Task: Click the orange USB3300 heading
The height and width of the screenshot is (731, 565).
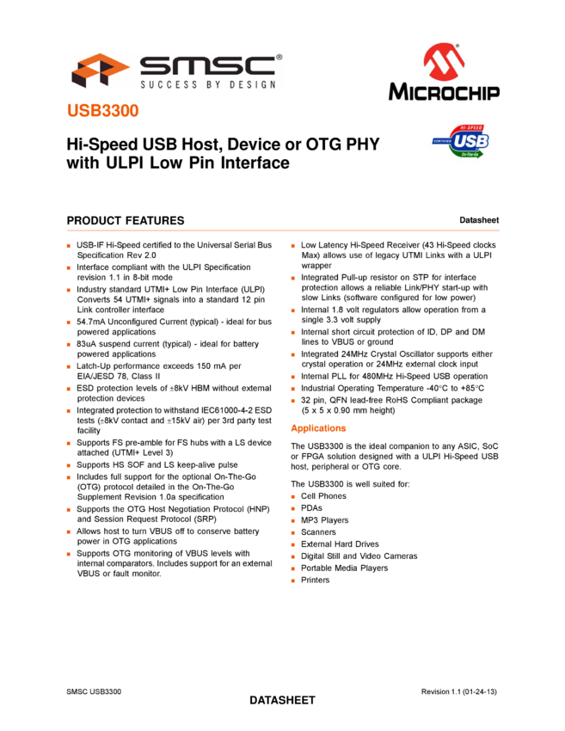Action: pos(102,111)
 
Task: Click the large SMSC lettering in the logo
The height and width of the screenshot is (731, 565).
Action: pos(207,65)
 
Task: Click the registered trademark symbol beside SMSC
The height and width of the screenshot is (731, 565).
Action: pos(279,58)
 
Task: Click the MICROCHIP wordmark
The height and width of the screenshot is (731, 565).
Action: pos(444,90)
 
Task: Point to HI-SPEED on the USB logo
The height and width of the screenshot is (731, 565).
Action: pos(471,125)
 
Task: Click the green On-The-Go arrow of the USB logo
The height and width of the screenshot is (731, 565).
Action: pos(471,154)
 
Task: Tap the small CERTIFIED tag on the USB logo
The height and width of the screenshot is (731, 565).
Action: pos(442,140)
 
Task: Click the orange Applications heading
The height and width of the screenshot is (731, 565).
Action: pos(318,428)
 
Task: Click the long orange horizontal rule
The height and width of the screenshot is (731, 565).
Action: pos(283,230)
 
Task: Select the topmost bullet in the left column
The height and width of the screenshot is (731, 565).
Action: pos(68,246)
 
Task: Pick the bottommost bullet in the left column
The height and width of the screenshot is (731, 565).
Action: pos(68,554)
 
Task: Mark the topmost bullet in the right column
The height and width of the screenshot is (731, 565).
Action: pos(292,246)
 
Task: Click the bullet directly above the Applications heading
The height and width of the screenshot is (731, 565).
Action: pos(292,401)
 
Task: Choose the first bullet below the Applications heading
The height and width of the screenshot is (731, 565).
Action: pos(292,497)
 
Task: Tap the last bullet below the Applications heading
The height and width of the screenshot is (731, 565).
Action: pos(292,580)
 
